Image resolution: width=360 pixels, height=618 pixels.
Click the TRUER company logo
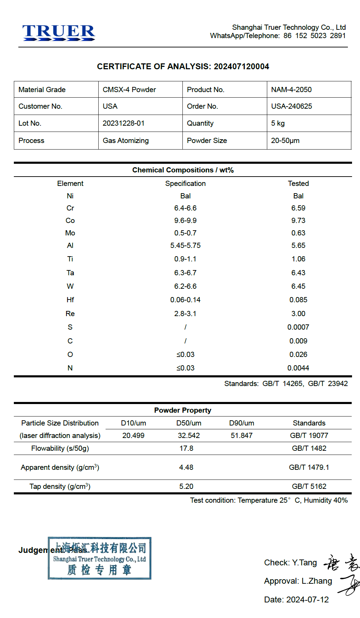[x=58, y=33]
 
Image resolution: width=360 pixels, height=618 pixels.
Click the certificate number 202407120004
[x=241, y=66]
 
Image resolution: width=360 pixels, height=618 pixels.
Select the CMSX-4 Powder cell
[x=129, y=90]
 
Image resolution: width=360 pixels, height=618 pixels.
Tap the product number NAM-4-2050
[x=291, y=90]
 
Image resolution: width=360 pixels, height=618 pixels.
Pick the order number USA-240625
[x=291, y=106]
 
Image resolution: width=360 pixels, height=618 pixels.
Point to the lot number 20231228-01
[x=123, y=123]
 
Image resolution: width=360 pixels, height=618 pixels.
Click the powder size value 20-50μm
[x=285, y=141]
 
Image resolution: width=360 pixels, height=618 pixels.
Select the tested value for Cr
[x=298, y=208]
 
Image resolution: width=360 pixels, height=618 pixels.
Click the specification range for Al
[x=185, y=245]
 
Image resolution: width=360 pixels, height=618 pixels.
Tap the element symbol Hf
[x=70, y=300]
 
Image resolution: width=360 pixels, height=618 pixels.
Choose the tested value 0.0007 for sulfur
[x=298, y=327]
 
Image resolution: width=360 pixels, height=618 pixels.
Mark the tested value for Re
[x=298, y=314]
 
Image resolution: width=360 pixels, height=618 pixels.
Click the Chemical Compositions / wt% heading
[x=183, y=170]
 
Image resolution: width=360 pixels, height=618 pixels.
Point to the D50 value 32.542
[x=189, y=436]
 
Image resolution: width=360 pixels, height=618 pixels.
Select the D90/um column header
[x=242, y=423]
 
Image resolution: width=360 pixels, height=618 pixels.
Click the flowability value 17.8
[x=186, y=448]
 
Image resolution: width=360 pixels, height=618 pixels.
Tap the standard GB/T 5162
[x=309, y=486]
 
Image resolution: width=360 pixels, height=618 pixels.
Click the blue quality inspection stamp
[x=100, y=558]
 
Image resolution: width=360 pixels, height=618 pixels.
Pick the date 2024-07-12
[x=307, y=600]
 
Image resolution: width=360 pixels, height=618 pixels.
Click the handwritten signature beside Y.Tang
[x=341, y=563]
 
